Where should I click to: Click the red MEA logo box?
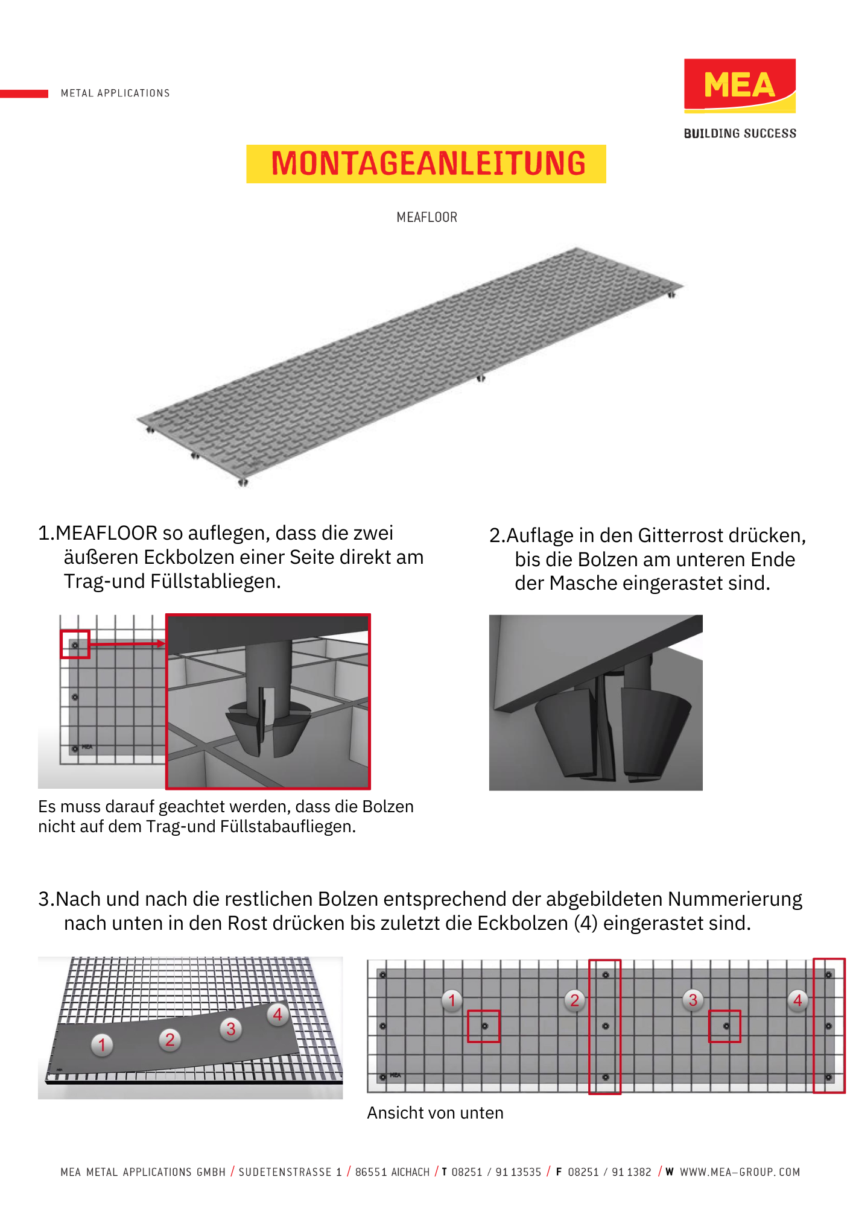click(x=739, y=85)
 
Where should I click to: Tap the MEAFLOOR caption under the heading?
click(x=426, y=217)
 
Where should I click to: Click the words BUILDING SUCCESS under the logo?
click(x=740, y=133)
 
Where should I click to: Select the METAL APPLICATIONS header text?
click(x=115, y=93)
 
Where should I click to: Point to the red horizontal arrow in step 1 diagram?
click(x=127, y=644)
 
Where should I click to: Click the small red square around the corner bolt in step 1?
click(x=75, y=645)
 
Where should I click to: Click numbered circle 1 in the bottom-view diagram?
click(x=452, y=1000)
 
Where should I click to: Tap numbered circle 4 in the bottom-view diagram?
click(x=798, y=1000)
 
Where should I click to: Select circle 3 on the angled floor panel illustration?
click(x=230, y=1029)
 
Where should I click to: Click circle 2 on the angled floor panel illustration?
click(x=170, y=1040)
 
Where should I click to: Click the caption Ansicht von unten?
click(x=435, y=1113)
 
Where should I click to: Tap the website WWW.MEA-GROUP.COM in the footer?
click(x=740, y=1172)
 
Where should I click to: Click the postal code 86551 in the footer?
click(x=370, y=1172)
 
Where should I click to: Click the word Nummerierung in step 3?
click(x=735, y=899)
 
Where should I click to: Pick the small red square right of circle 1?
click(x=484, y=1026)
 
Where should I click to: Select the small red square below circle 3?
click(x=725, y=1026)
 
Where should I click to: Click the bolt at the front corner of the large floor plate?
click(x=243, y=482)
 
